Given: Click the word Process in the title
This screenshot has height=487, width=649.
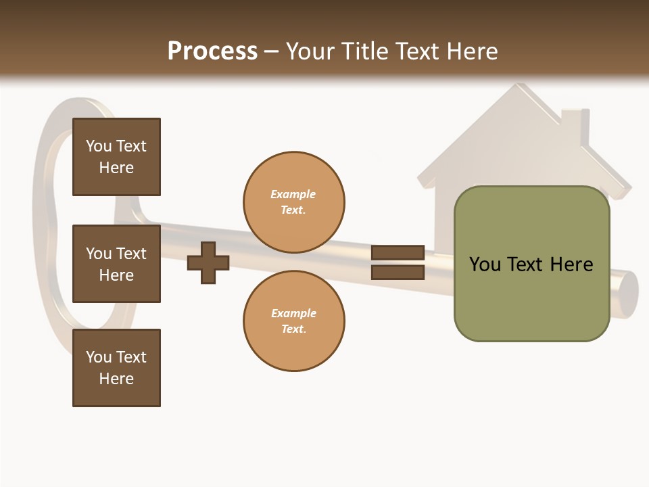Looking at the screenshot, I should click(x=212, y=51).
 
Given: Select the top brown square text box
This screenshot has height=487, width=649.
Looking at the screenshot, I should click(x=116, y=157).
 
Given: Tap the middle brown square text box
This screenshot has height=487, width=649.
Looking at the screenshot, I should click(x=116, y=264).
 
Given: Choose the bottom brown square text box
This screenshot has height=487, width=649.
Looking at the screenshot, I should click(x=116, y=368).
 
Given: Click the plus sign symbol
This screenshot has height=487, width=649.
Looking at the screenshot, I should click(x=208, y=262).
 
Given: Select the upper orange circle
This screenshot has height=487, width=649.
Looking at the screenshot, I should click(x=294, y=202).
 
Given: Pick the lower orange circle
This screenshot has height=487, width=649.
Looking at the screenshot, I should click(x=294, y=321).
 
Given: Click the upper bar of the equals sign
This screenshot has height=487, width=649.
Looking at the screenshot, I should click(x=398, y=252).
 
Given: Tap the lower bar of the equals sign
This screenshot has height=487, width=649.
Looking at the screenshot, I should click(x=398, y=273).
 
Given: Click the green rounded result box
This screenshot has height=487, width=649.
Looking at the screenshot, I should click(x=531, y=264).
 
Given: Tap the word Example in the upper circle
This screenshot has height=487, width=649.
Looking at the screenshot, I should click(x=293, y=194).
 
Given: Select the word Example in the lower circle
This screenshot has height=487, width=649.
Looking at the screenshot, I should click(x=293, y=313).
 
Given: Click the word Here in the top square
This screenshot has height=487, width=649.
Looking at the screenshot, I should click(x=116, y=168).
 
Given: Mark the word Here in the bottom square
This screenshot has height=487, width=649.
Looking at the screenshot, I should click(x=116, y=379).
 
